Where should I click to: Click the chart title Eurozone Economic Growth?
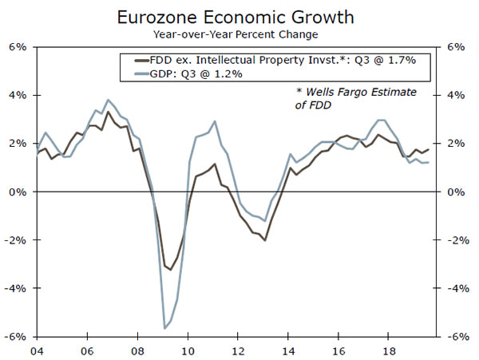239,16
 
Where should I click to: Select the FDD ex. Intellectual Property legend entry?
275,60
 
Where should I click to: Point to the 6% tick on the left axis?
17,47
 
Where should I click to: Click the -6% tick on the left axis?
15,336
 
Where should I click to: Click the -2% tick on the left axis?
15,239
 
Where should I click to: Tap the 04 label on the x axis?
36,349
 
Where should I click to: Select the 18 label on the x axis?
390,349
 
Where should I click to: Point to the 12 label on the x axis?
238,349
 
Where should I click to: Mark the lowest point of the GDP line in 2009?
164,328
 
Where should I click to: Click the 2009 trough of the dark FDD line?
170,270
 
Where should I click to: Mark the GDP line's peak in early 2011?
215,121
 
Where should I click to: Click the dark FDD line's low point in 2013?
264,240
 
